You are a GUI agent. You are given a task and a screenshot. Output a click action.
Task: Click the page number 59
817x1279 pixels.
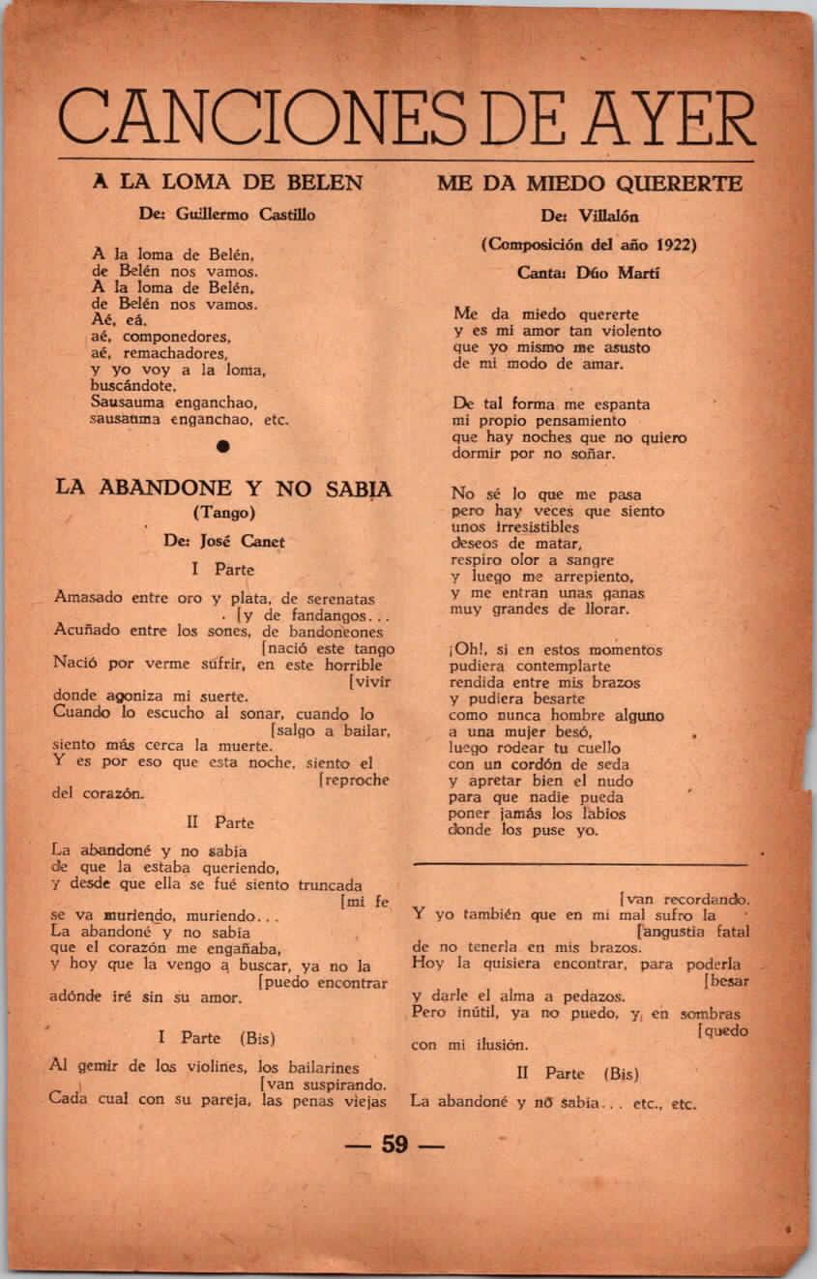394,1145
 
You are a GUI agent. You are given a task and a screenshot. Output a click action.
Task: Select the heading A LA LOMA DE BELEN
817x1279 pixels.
227,182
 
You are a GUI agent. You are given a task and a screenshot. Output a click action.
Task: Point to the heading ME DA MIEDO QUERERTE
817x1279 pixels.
590,183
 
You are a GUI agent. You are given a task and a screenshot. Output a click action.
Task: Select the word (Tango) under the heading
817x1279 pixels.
223,512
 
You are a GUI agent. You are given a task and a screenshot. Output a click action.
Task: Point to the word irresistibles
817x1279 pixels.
522,527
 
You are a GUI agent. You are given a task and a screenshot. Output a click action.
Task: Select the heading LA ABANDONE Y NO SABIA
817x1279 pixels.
223,488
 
